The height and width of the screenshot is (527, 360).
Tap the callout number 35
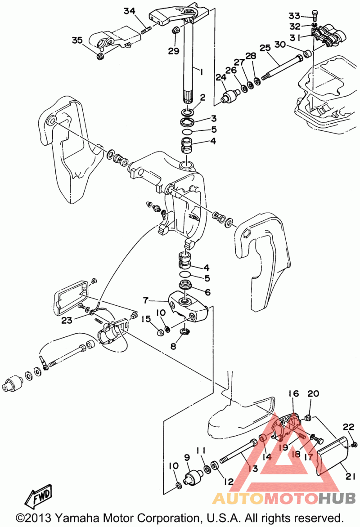[77, 40]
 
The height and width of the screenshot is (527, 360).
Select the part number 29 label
[174, 51]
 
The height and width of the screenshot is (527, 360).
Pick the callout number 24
[220, 78]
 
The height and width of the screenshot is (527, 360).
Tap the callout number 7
[146, 299]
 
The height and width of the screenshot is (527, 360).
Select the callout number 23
[67, 320]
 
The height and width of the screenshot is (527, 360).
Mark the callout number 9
[187, 458]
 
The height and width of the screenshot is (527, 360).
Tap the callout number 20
[313, 394]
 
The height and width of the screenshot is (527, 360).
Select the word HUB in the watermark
[337, 498]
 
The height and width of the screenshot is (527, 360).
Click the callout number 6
[207, 292]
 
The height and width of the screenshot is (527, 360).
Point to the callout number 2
[203, 97]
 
